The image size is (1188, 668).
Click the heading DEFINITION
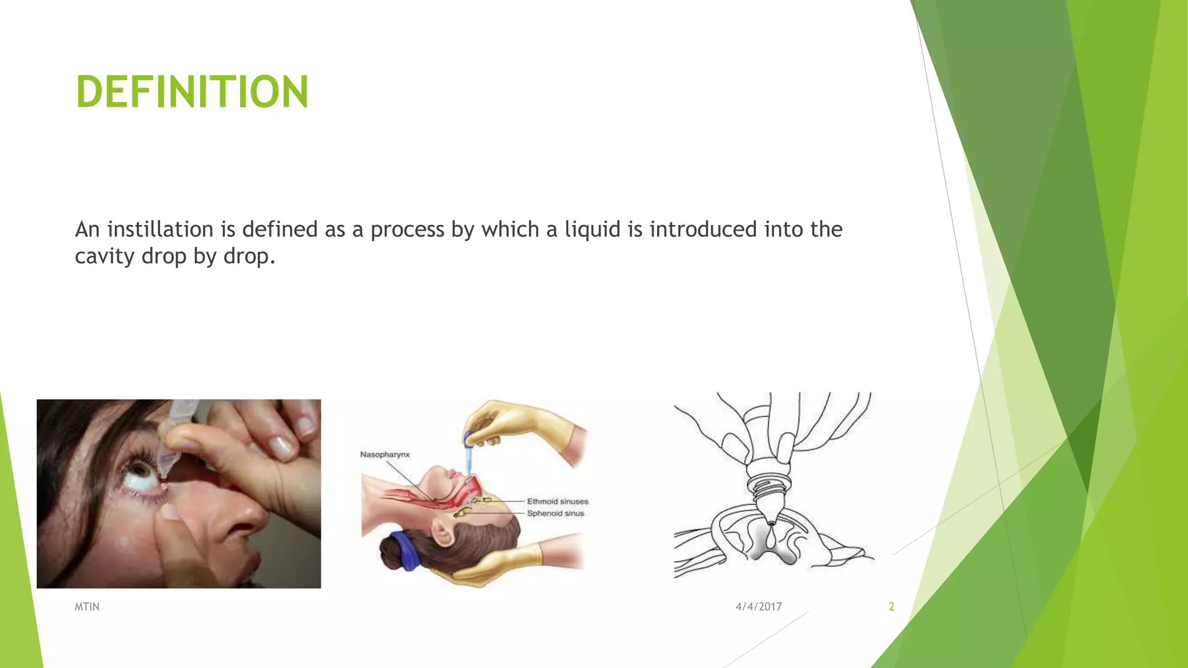point(192,92)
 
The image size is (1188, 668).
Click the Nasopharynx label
point(385,455)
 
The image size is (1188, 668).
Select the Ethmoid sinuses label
point(557,502)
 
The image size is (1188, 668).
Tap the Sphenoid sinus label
point(555,514)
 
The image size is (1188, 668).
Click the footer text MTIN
point(87,607)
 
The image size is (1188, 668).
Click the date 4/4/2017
point(758,607)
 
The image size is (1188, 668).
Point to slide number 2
point(892,607)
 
